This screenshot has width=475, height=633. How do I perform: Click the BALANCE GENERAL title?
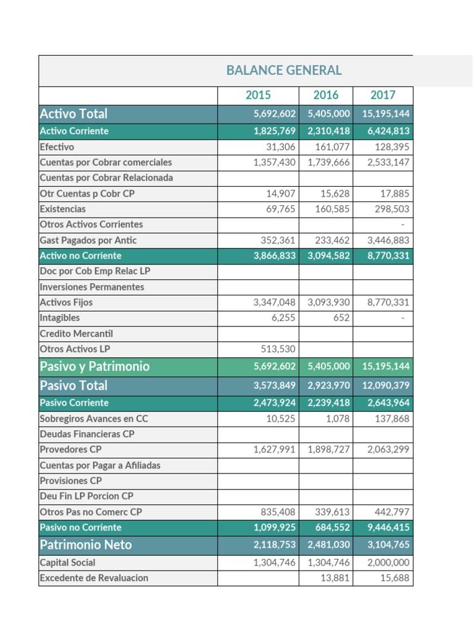tap(284, 70)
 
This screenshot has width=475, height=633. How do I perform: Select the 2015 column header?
tap(258, 95)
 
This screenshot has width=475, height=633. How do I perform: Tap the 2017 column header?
tap(383, 95)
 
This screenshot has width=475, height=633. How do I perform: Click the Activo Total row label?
tap(74, 114)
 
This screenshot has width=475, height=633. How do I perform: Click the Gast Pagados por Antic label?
tap(88, 240)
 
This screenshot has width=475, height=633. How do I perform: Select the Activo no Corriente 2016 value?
tap(328, 256)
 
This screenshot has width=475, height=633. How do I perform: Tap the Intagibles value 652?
tap(340, 318)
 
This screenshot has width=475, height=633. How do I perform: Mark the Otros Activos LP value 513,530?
tap(275, 349)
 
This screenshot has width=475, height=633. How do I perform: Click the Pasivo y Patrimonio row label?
tap(95, 367)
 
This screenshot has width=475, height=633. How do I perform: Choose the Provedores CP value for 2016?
tap(328, 449)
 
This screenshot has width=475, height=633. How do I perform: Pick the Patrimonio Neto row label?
tap(86, 545)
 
